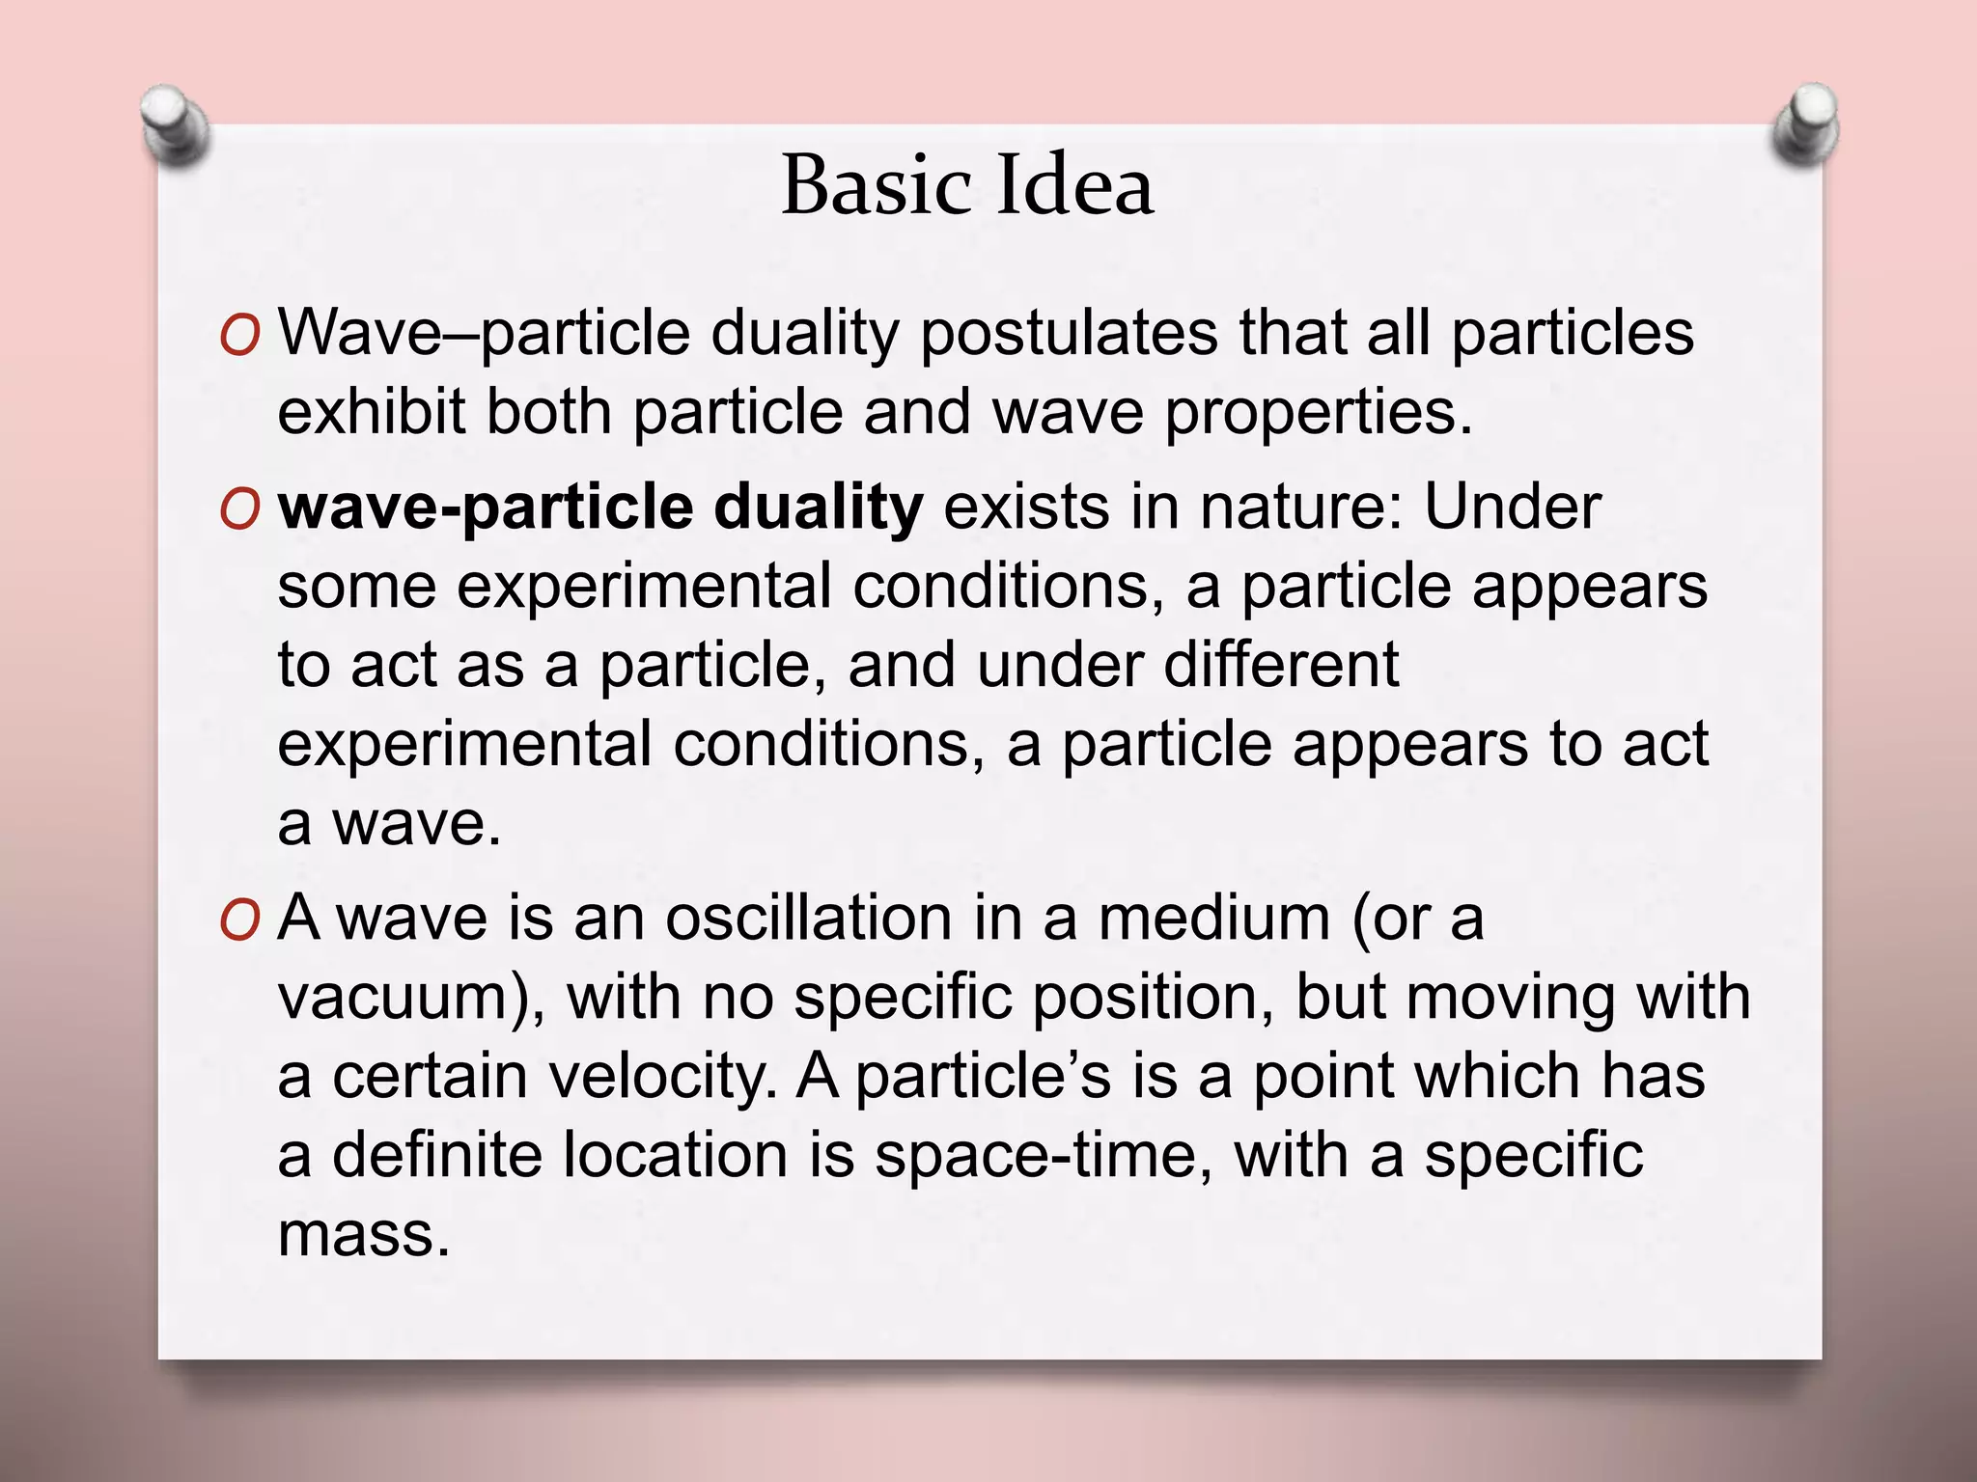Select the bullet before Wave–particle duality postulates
coord(239,337)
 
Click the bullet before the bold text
coord(239,510)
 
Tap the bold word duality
coord(819,508)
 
